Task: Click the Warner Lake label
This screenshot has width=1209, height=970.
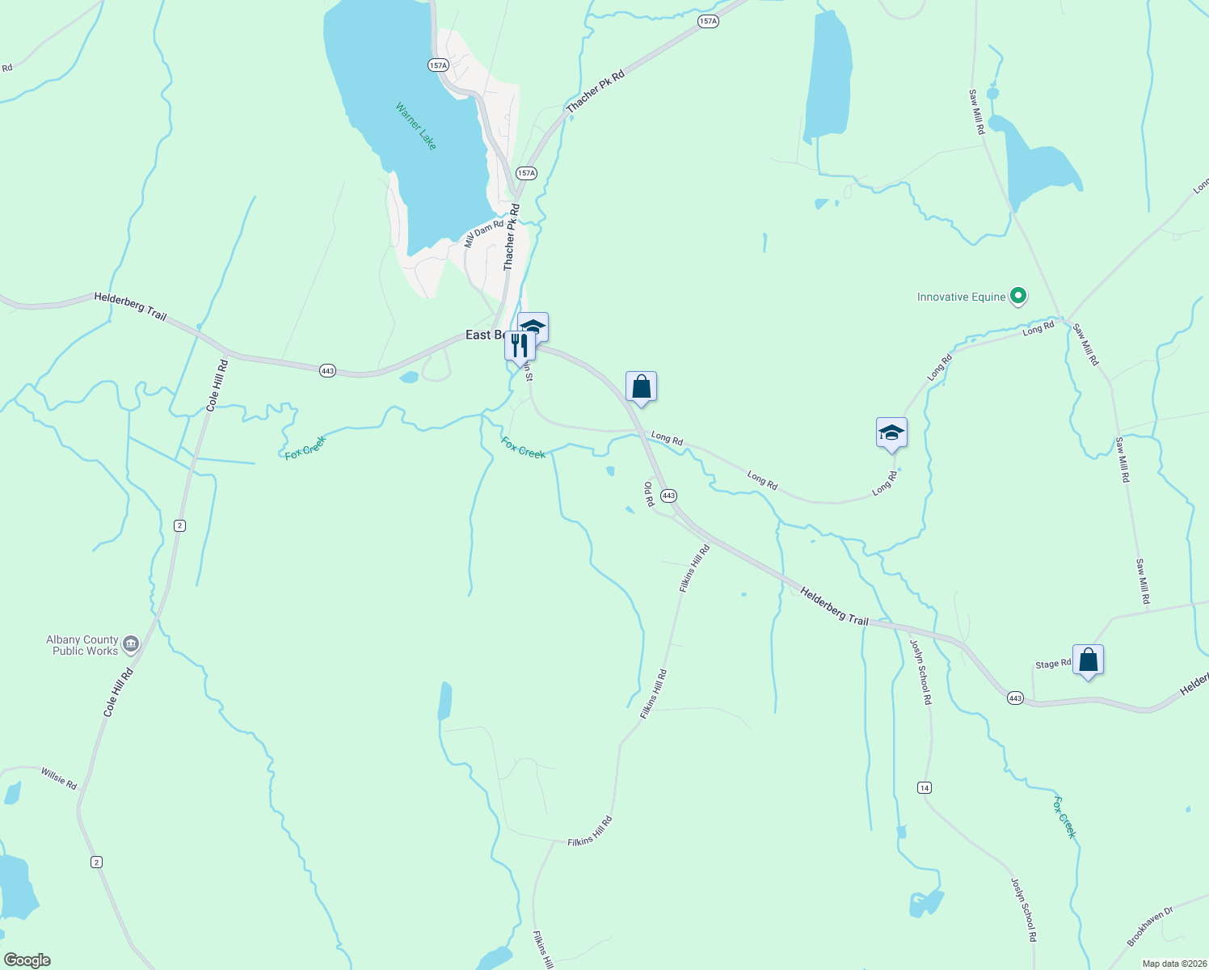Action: point(416,125)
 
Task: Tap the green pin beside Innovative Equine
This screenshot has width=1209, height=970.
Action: point(1018,297)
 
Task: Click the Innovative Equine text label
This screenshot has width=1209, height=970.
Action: point(961,297)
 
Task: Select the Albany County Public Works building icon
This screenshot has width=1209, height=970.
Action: point(131,644)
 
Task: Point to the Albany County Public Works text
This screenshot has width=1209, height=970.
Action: point(82,645)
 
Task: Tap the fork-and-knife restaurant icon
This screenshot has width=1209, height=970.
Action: point(519,345)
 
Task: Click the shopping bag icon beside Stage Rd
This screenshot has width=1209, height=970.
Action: point(1088,660)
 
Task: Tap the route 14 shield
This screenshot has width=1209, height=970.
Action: point(925,787)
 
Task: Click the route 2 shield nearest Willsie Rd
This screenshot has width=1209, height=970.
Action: point(97,862)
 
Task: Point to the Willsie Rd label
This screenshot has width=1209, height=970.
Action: point(59,779)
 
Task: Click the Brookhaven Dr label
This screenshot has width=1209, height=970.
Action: point(1149,926)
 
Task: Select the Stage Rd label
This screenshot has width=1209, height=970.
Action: point(1052,664)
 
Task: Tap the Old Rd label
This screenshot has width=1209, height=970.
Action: point(648,494)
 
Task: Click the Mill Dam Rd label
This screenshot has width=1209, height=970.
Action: point(483,234)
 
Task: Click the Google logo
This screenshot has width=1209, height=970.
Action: point(27,960)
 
